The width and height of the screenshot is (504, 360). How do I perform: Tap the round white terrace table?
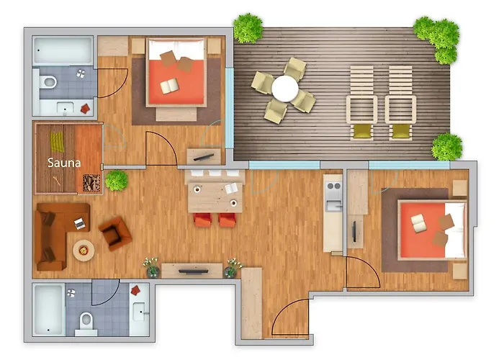coord(284,90)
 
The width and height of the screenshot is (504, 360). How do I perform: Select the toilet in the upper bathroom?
coord(48,82)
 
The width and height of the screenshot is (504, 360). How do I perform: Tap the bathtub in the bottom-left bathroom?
coord(48,310)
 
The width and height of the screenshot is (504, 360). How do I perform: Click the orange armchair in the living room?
coord(115,232)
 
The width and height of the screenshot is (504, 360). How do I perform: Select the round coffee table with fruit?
coord(84,251)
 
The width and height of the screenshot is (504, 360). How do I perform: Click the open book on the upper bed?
coord(170,86)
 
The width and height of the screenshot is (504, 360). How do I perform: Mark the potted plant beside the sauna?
coord(116,180)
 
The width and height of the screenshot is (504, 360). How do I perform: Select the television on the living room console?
coord(192,271)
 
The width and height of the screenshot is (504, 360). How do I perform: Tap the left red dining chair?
coord(202,220)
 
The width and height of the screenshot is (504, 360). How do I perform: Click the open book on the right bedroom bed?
coord(419,224)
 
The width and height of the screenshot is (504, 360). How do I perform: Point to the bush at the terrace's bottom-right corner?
coord(446,147)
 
